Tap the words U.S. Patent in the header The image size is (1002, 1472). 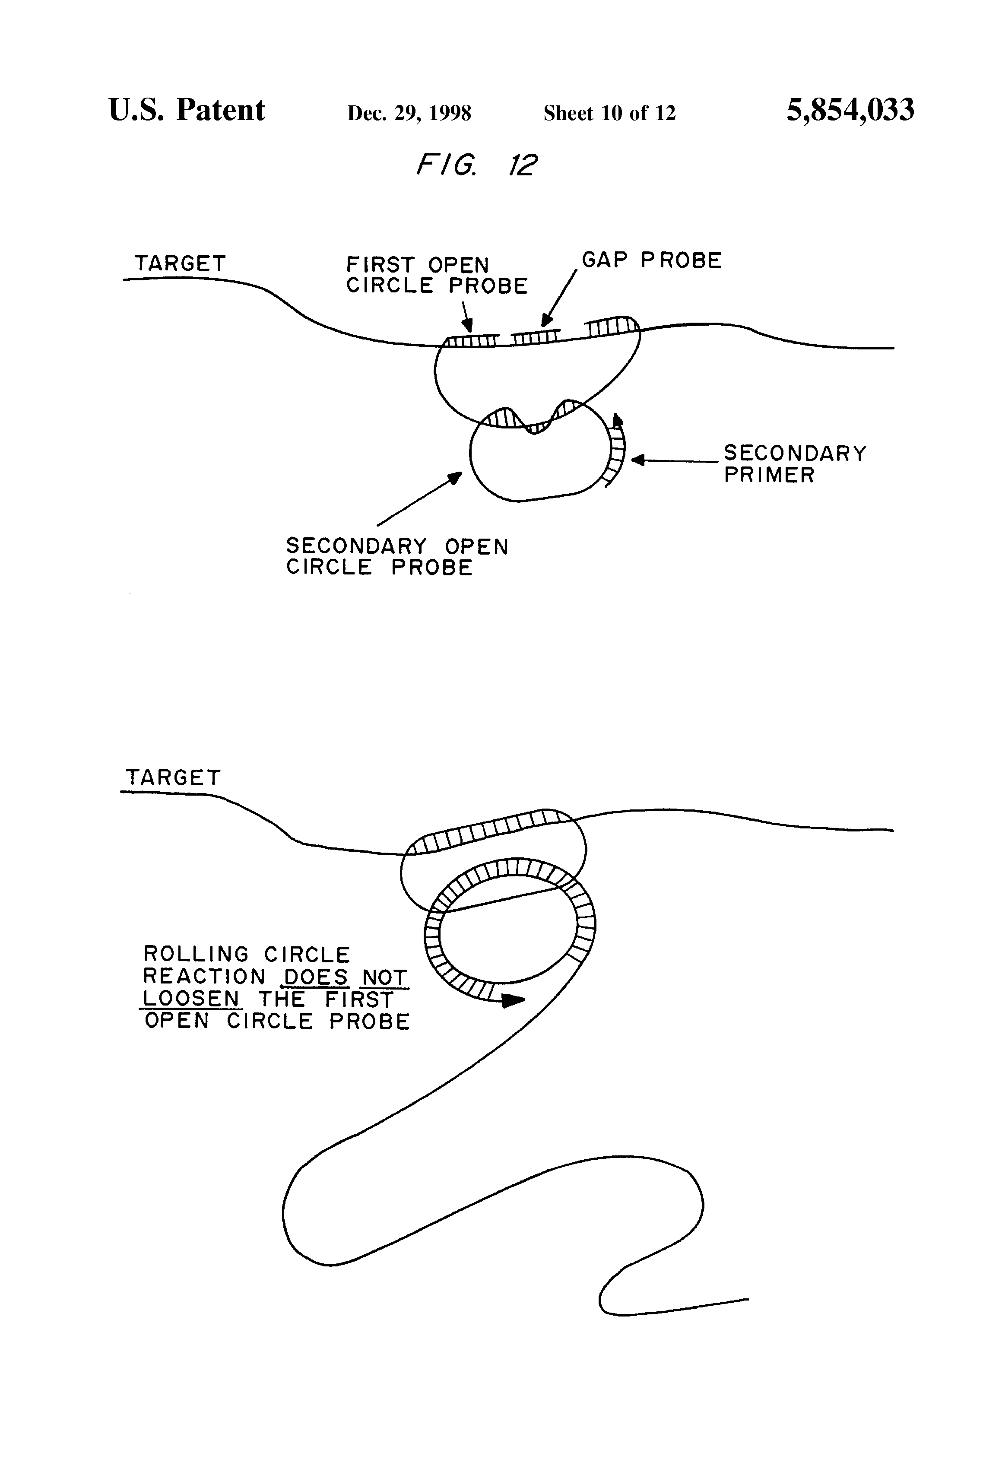coord(187,110)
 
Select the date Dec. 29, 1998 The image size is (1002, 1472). coord(409,113)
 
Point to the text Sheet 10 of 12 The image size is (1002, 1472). coord(609,113)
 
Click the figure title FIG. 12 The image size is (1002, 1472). coord(476,165)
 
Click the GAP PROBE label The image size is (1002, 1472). coord(652,260)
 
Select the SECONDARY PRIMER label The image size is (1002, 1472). coord(795,464)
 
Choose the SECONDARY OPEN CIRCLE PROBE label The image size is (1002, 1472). coord(397,557)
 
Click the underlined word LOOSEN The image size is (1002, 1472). coord(190,999)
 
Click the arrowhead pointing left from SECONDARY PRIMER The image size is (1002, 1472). coord(638,460)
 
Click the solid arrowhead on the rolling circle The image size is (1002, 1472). coord(514,1000)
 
